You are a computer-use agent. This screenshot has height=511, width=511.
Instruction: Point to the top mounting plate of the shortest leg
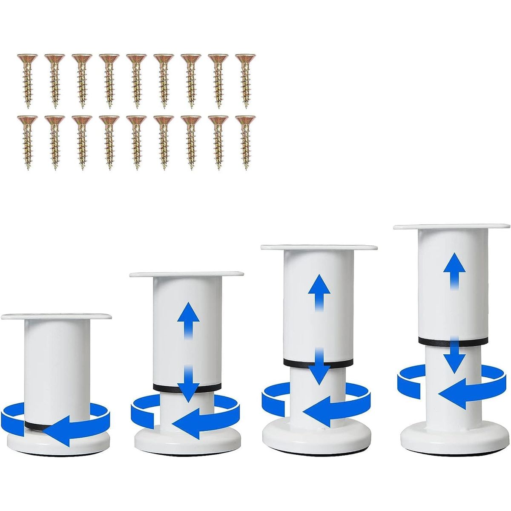pyautogui.click(x=56, y=316)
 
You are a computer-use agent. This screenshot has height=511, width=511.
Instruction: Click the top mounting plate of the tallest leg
pyautogui.click(x=451, y=227)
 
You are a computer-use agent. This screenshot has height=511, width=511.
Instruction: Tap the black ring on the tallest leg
pyautogui.click(x=452, y=341)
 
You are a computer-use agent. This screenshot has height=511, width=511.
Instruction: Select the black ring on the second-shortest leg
pyautogui.click(x=187, y=387)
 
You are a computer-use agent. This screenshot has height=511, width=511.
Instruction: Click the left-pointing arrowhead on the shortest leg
pyautogui.click(x=55, y=431)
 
